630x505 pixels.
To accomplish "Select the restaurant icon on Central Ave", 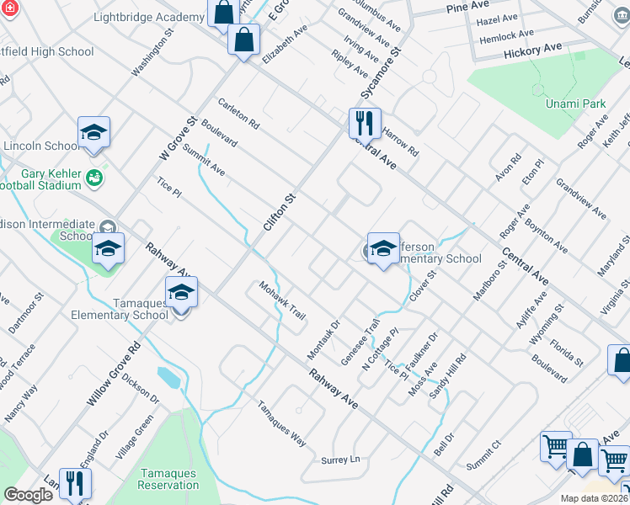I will (x=365, y=123).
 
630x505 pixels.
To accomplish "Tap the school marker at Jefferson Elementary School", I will (x=383, y=248).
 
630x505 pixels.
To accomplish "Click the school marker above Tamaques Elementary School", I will (x=179, y=293).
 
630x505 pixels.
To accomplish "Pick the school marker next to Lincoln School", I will (x=94, y=132).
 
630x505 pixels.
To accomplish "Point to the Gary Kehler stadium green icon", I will (x=94, y=178).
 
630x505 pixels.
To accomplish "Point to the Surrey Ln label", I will (x=340, y=460).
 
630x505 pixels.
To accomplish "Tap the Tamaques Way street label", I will (x=281, y=423).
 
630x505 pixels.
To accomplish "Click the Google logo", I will (x=28, y=495).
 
